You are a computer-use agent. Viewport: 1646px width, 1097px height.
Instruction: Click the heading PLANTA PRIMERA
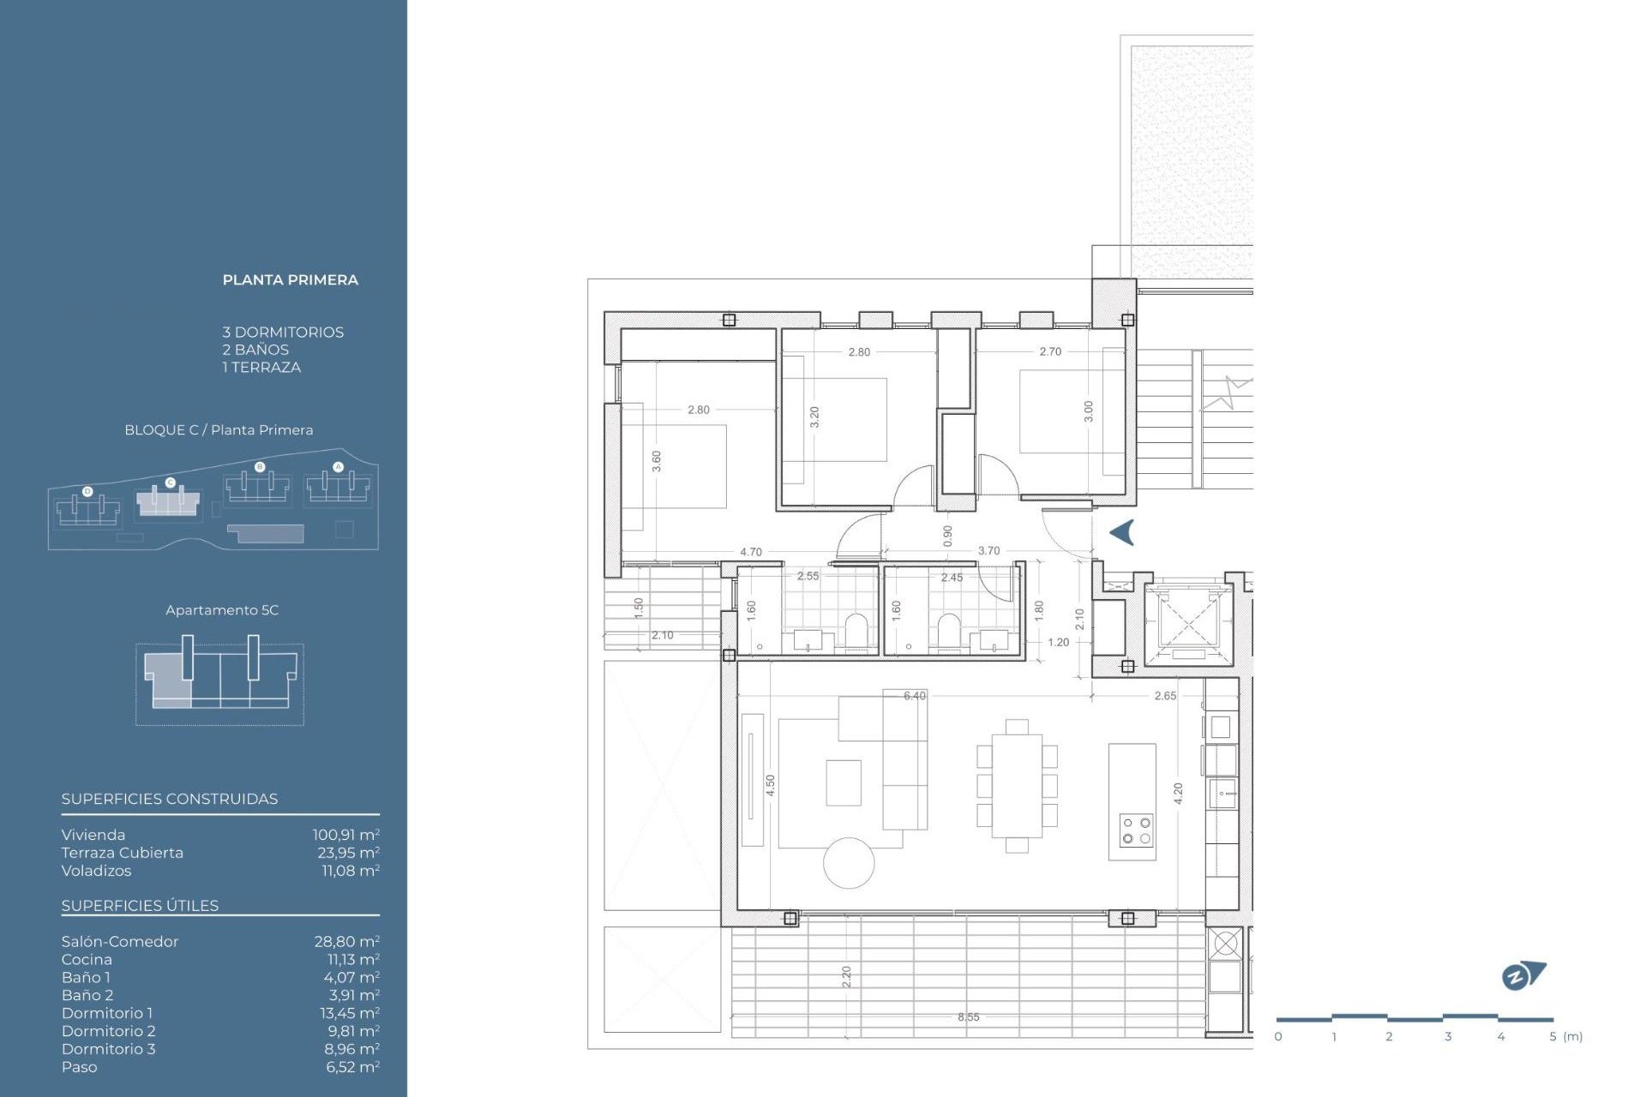290,279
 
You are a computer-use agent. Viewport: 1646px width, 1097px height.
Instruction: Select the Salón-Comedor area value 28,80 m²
346,941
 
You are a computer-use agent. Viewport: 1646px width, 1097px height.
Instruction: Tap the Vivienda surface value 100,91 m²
345,834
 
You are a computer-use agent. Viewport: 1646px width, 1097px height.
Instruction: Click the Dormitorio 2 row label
108,1031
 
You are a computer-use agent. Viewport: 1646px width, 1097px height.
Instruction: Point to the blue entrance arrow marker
1122,532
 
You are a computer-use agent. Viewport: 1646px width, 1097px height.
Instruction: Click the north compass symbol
1523,975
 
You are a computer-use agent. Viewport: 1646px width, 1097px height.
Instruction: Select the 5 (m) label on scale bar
1565,1036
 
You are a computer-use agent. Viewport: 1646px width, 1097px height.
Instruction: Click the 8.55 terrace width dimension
968,1017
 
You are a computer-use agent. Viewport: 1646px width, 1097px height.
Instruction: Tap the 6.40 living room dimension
915,696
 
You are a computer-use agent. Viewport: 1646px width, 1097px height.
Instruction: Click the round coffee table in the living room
849,863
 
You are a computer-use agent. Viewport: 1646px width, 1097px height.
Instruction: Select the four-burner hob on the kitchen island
1136,830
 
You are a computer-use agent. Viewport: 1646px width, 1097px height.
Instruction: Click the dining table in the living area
1017,785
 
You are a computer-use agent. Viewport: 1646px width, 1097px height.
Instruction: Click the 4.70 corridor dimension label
750,552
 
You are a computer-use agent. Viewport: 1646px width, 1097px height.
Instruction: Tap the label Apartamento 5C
222,610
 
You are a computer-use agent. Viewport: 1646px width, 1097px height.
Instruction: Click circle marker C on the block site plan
170,483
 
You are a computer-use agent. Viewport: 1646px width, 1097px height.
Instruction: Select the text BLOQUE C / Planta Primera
219,430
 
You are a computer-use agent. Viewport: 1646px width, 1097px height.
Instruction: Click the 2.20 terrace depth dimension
846,975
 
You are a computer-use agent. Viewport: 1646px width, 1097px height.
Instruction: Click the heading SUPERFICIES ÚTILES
140,906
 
